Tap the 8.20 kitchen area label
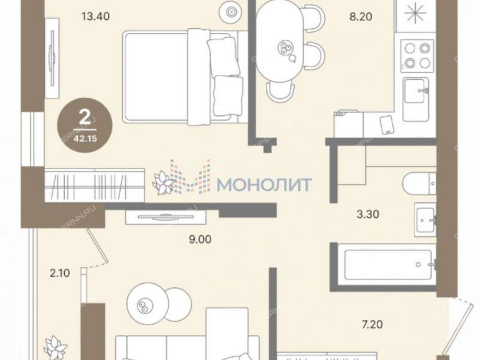pyautogui.click(x=361, y=17)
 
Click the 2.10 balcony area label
pyautogui.click(x=61, y=273)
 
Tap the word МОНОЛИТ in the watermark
pyautogui.click(x=264, y=184)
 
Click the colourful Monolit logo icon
pyautogui.click(x=190, y=178)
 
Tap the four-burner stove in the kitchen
pyautogui.click(x=417, y=55)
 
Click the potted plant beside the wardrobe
pyautogui.click(x=163, y=182)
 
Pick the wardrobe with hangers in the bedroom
pyautogui.click(x=94, y=186)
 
